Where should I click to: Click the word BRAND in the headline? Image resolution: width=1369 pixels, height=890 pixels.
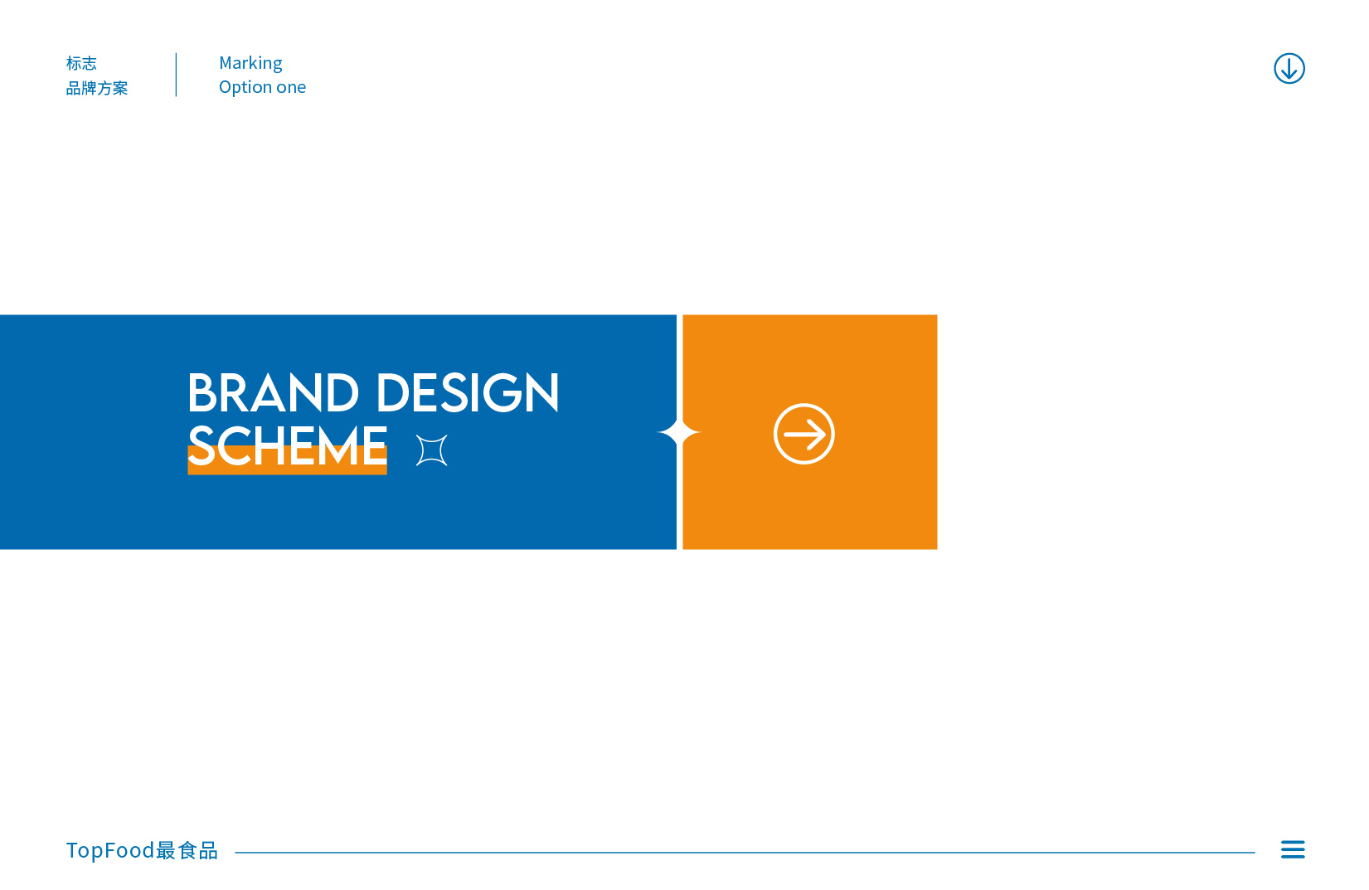pos(273,392)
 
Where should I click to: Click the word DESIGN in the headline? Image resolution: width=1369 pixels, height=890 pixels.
pos(468,392)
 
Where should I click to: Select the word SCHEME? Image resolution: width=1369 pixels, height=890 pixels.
pos(287,445)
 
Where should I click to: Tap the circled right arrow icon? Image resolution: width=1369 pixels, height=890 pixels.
pos(803,434)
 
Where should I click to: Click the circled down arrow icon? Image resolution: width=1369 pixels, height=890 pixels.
pos(1289,68)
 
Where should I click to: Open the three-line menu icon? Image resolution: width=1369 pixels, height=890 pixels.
pos(1293,849)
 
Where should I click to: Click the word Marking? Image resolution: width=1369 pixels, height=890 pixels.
pos(250,64)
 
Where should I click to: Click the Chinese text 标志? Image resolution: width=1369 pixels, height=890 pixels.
pos(81,63)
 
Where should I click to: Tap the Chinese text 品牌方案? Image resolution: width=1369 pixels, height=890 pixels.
pos(96,89)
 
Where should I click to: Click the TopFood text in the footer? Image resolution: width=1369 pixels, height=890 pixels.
pos(110,850)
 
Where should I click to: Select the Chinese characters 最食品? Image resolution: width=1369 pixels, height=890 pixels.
pos(187,850)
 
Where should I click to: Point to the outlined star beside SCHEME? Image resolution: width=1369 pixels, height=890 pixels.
pos(431,450)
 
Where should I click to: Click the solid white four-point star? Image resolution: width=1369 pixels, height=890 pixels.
pos(678,432)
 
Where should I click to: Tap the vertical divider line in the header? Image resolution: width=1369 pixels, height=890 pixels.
pos(176,75)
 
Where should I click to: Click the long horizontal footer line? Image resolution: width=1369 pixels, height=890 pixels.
pos(745,852)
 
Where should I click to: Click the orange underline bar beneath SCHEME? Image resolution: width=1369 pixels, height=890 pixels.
pos(287,460)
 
